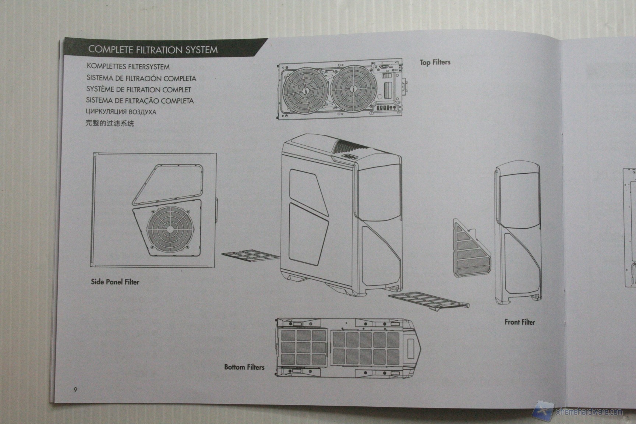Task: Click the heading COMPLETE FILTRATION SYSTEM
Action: click(153, 50)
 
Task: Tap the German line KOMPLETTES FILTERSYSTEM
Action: click(128, 67)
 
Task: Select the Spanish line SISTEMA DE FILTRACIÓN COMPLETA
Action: click(141, 78)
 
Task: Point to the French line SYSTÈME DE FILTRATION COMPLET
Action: click(139, 89)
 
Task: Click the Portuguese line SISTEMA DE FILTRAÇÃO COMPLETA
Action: click(140, 100)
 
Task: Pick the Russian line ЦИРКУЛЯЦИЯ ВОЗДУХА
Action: click(121, 112)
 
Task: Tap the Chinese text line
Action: click(110, 123)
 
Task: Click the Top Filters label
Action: click(435, 62)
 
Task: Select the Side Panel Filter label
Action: click(115, 282)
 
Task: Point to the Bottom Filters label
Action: click(244, 367)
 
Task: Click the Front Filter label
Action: click(519, 322)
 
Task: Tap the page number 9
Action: click(75, 390)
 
